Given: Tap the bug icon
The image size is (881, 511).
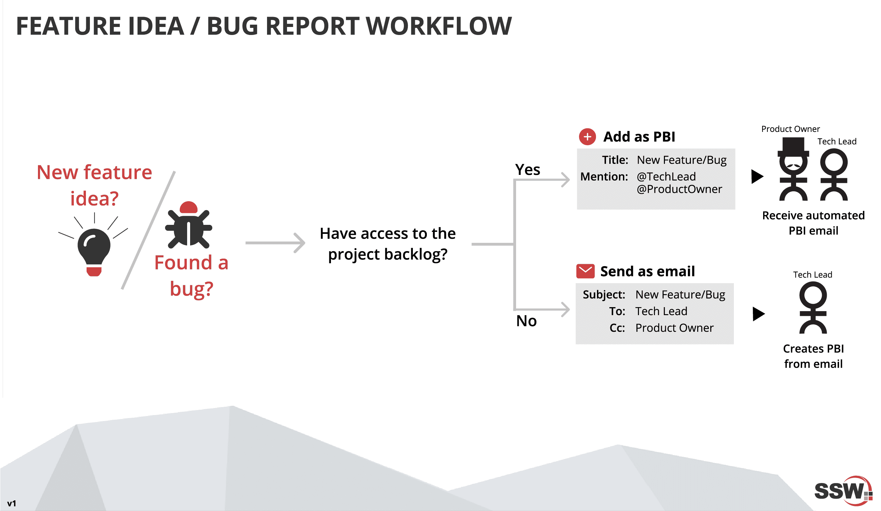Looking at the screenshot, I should tap(188, 226).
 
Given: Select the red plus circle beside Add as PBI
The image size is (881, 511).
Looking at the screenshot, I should tap(587, 137).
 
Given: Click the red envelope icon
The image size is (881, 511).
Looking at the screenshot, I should tap(585, 271).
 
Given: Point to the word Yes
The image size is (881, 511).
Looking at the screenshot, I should tap(527, 170).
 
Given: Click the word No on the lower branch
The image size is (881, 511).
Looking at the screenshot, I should tap(526, 321).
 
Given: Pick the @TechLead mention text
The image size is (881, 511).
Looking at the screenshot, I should tap(666, 177).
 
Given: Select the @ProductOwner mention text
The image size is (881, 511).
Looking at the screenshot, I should tap(679, 189).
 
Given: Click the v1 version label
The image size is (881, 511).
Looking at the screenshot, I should tap(12, 503).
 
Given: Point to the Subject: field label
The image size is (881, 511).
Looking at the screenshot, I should tap(604, 294).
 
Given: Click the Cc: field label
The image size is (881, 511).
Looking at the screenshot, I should tap(617, 328).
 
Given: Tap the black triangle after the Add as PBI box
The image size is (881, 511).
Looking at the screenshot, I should tap(757, 176).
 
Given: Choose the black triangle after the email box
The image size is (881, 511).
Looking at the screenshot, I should tap(758, 314).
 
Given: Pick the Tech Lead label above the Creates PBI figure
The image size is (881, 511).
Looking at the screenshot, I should tap(812, 274).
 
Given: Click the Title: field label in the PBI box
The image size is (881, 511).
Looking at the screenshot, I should tap(615, 160).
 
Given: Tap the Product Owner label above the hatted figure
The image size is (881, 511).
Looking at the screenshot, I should tap(790, 129).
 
